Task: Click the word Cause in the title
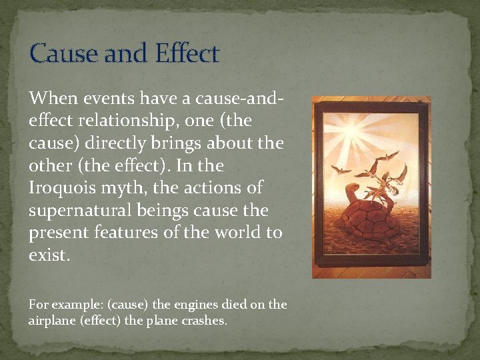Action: tap(61, 53)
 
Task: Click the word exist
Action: tap(49, 255)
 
